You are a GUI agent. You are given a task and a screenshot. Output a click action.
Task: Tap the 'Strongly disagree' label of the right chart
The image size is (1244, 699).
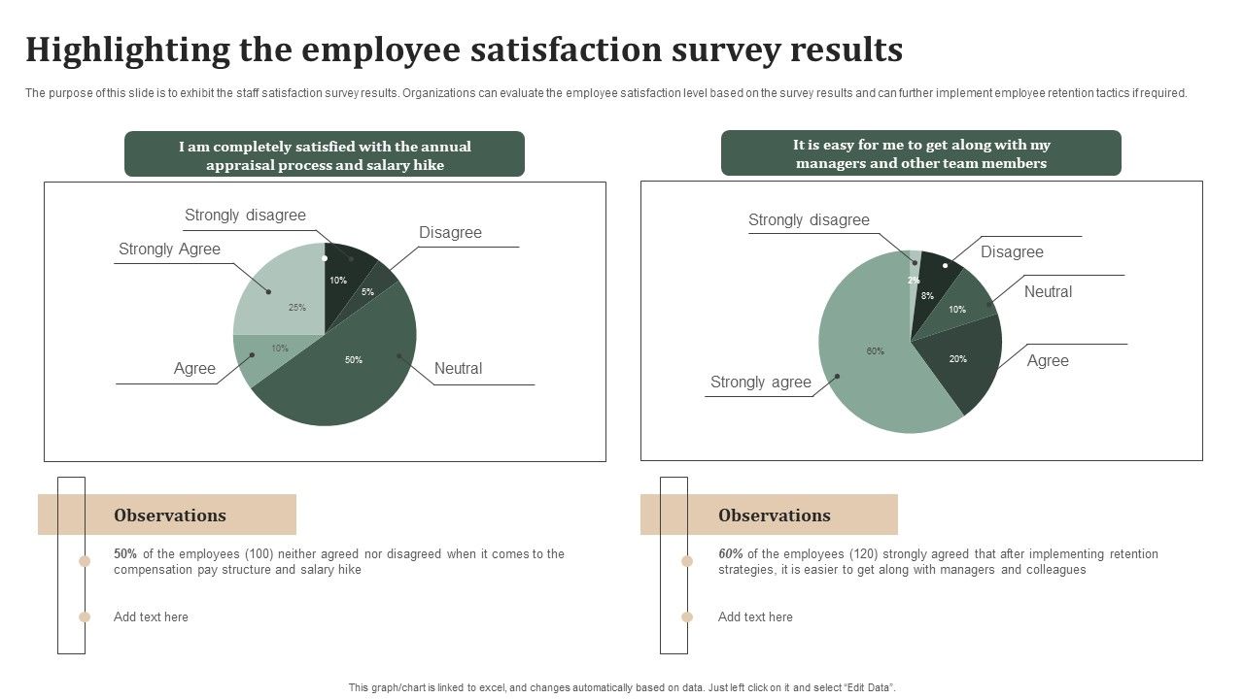tap(809, 220)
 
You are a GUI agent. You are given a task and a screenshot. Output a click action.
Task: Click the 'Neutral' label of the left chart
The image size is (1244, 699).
tap(458, 369)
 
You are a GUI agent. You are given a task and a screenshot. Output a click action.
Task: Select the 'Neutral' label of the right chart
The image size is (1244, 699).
tap(1048, 292)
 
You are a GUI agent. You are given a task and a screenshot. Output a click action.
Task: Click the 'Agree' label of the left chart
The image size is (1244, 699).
tap(194, 369)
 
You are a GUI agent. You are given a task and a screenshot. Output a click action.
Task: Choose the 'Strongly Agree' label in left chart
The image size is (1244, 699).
tap(169, 250)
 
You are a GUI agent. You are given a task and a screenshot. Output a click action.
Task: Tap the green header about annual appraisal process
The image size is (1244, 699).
tap(325, 155)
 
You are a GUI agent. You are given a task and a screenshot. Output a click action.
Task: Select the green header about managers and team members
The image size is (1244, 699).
tap(920, 154)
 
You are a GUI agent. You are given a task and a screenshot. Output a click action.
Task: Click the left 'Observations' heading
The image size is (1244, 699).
tap(170, 516)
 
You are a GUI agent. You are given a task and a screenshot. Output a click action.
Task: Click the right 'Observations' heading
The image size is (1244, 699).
tap(774, 516)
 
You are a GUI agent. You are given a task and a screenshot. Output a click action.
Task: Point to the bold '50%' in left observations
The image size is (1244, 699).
tap(124, 554)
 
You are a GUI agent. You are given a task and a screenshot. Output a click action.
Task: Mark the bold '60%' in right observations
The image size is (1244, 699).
tap(730, 554)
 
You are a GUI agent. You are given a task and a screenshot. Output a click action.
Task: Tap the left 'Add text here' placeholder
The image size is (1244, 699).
tap(151, 616)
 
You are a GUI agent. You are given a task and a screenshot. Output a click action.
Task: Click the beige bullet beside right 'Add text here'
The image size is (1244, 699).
tap(687, 616)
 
